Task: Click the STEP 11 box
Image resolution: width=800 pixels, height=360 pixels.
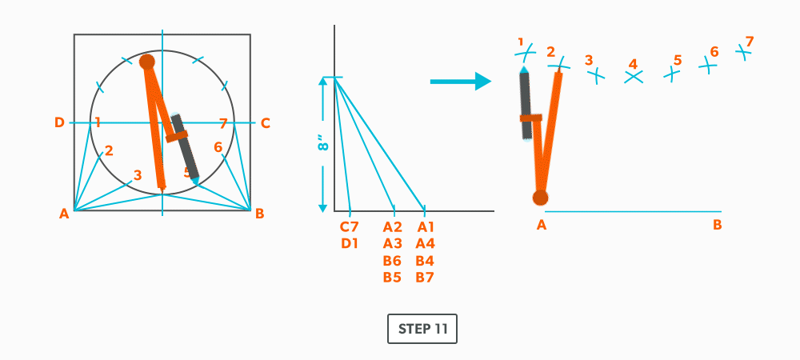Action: pyautogui.click(x=422, y=329)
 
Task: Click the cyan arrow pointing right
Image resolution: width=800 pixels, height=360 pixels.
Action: pyautogui.click(x=460, y=81)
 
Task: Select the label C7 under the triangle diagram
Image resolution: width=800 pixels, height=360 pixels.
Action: pyautogui.click(x=350, y=227)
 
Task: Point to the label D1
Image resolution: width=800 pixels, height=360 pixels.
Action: pyautogui.click(x=350, y=244)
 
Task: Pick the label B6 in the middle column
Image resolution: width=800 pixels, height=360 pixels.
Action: pyautogui.click(x=392, y=261)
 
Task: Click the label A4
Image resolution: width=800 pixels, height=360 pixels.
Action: pyautogui.click(x=425, y=244)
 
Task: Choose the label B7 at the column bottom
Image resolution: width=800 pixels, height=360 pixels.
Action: pyautogui.click(x=425, y=278)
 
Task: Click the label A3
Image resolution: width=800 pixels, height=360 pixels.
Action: pyautogui.click(x=392, y=244)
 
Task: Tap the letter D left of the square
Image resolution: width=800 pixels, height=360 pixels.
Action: pyautogui.click(x=59, y=122)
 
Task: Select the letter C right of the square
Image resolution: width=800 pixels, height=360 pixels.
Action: pyautogui.click(x=266, y=122)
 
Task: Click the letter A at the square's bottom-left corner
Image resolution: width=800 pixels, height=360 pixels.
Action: pyautogui.click(x=65, y=214)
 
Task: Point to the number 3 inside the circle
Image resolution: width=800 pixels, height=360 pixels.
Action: pyautogui.click(x=138, y=175)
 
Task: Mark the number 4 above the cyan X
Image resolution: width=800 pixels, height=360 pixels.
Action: pyautogui.click(x=633, y=63)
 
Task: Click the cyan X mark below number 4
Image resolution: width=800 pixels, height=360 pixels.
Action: pyautogui.click(x=634, y=78)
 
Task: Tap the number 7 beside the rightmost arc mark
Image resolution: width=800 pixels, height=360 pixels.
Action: pyautogui.click(x=750, y=41)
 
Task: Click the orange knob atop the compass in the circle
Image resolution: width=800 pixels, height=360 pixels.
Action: pyautogui.click(x=147, y=62)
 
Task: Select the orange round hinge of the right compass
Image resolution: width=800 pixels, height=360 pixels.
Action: pyautogui.click(x=541, y=198)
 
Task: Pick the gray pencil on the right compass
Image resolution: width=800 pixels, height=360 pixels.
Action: pyautogui.click(x=526, y=104)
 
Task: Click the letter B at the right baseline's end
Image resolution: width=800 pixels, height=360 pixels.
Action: pyautogui.click(x=718, y=225)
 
